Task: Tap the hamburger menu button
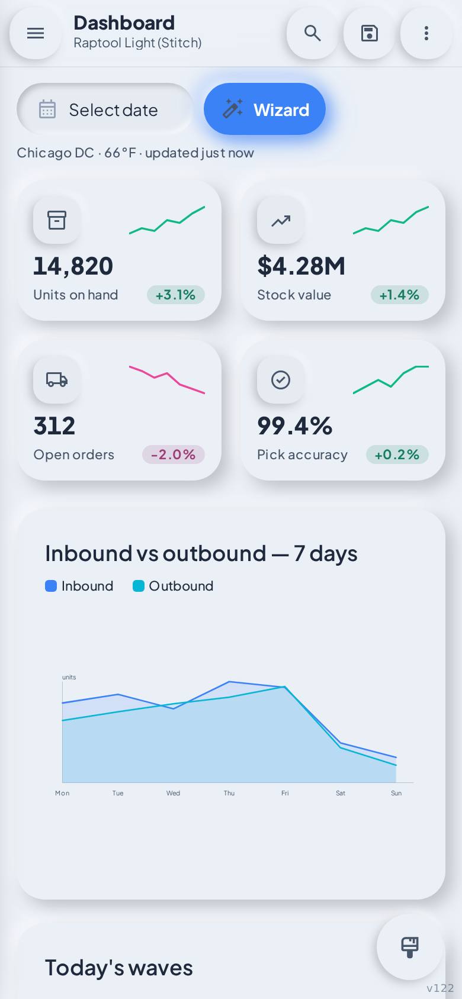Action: [x=36, y=33]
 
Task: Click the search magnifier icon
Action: [x=313, y=33]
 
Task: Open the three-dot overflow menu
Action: [x=426, y=33]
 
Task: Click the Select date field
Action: [x=105, y=109]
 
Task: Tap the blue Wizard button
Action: [x=265, y=109]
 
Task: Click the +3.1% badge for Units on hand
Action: [x=176, y=295]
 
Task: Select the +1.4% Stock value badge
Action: [x=399, y=295]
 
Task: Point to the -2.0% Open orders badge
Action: [x=173, y=455]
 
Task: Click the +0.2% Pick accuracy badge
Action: [x=397, y=455]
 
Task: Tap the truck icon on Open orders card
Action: [x=57, y=380]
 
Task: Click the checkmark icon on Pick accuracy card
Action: [x=281, y=380]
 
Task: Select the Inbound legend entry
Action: [x=79, y=586]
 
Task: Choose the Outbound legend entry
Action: [x=173, y=586]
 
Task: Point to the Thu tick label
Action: [x=229, y=793]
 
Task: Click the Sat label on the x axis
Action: [x=341, y=793]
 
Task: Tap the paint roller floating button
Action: [x=410, y=948]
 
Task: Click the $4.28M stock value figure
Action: [x=301, y=266]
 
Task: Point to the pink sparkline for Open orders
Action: [x=167, y=379]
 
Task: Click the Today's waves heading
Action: [x=119, y=968]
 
